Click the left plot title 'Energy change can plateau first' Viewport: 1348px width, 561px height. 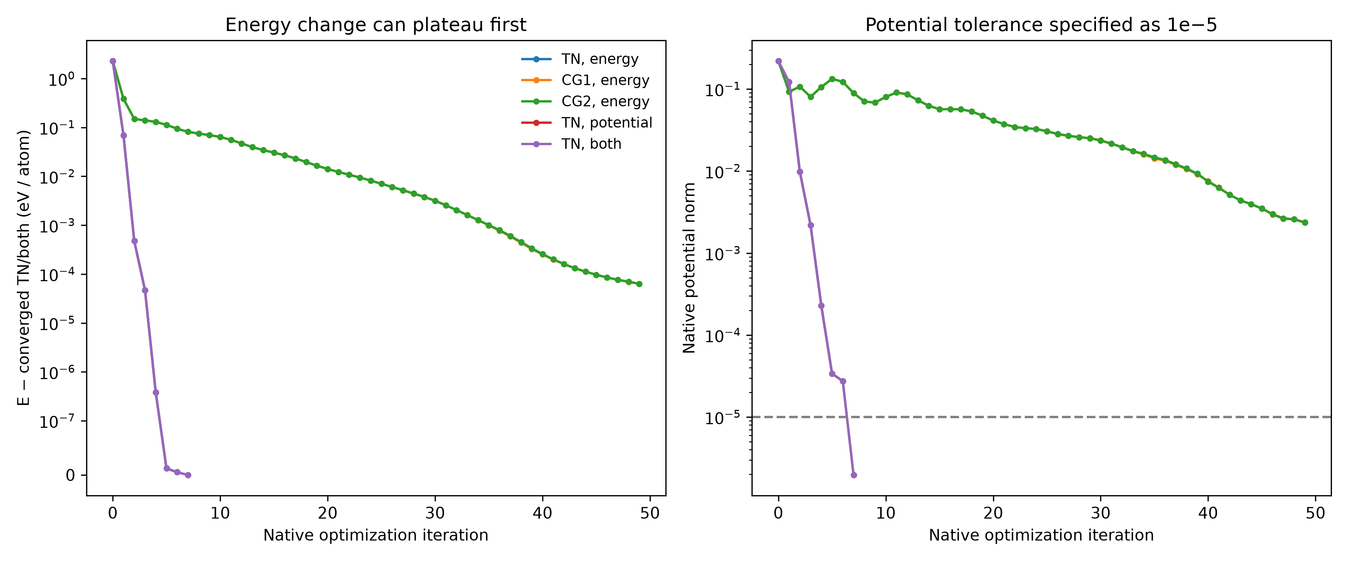[376, 25]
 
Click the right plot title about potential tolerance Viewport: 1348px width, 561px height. [1041, 25]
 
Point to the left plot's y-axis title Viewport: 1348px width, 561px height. [24, 268]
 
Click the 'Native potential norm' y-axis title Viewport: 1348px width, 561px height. [689, 268]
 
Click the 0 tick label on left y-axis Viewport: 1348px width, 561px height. [70, 475]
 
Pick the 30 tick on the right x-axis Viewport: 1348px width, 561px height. [1100, 513]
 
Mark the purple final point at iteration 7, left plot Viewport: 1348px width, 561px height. [188, 475]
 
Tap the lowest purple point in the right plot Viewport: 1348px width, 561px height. [853, 475]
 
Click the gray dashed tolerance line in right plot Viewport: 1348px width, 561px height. [1041, 417]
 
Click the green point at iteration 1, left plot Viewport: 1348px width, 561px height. [124, 99]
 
